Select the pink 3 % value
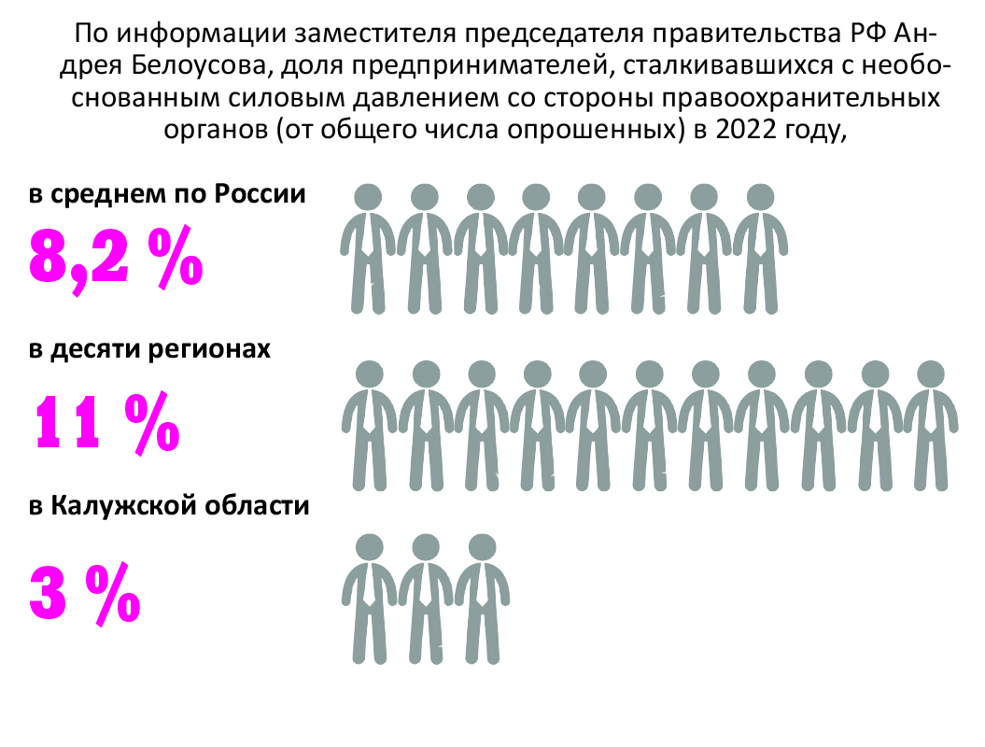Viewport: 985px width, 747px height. click(x=84, y=592)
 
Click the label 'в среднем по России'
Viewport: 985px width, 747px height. click(x=167, y=195)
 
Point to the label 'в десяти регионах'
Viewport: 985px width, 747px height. click(x=150, y=350)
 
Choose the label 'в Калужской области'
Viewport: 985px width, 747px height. click(x=169, y=507)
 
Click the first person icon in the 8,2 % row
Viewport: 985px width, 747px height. click(x=370, y=247)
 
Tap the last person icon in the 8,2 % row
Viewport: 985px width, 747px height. click(x=760, y=247)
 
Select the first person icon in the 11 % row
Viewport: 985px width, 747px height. click(x=370, y=425)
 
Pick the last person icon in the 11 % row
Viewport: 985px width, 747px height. click(x=930, y=425)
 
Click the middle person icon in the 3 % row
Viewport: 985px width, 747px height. click(x=426, y=598)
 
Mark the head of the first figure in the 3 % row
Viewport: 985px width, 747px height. click(x=370, y=546)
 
